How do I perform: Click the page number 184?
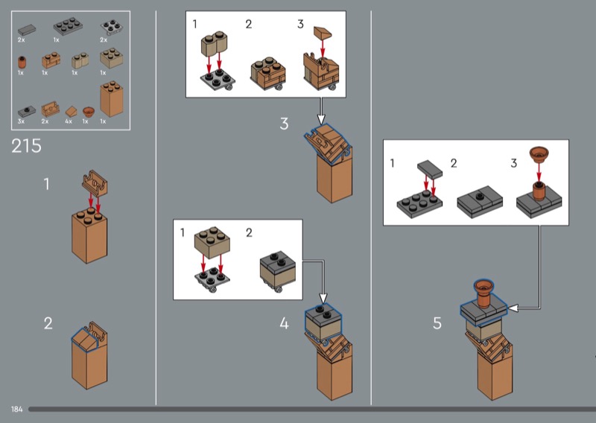point(16,410)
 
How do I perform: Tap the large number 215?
point(26,146)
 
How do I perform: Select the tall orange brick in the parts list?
point(111,98)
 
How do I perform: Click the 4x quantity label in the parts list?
point(69,121)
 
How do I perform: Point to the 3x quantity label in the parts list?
point(21,121)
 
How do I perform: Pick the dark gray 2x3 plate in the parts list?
point(68,26)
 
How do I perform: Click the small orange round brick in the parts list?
point(22,63)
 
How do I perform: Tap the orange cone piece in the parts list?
point(89,112)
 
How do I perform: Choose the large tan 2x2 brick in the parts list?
point(111,58)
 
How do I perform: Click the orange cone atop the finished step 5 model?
point(484,293)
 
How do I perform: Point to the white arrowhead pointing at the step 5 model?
point(513,308)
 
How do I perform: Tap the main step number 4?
point(284,323)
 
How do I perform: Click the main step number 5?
point(437,323)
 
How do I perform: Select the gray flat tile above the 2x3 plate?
point(430,169)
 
